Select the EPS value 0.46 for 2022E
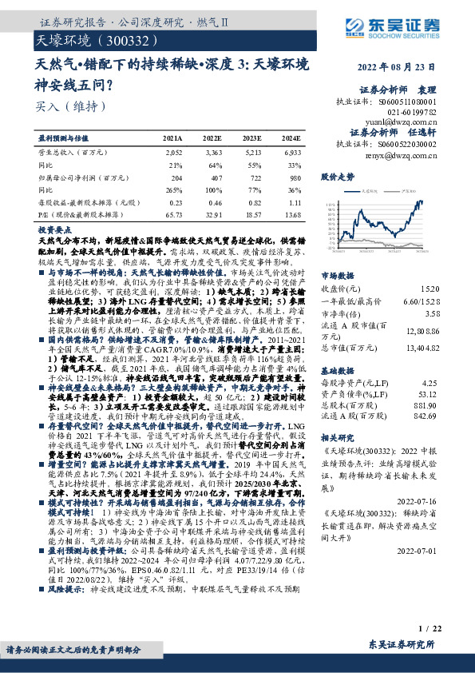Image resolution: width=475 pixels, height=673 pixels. pos(214,203)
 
